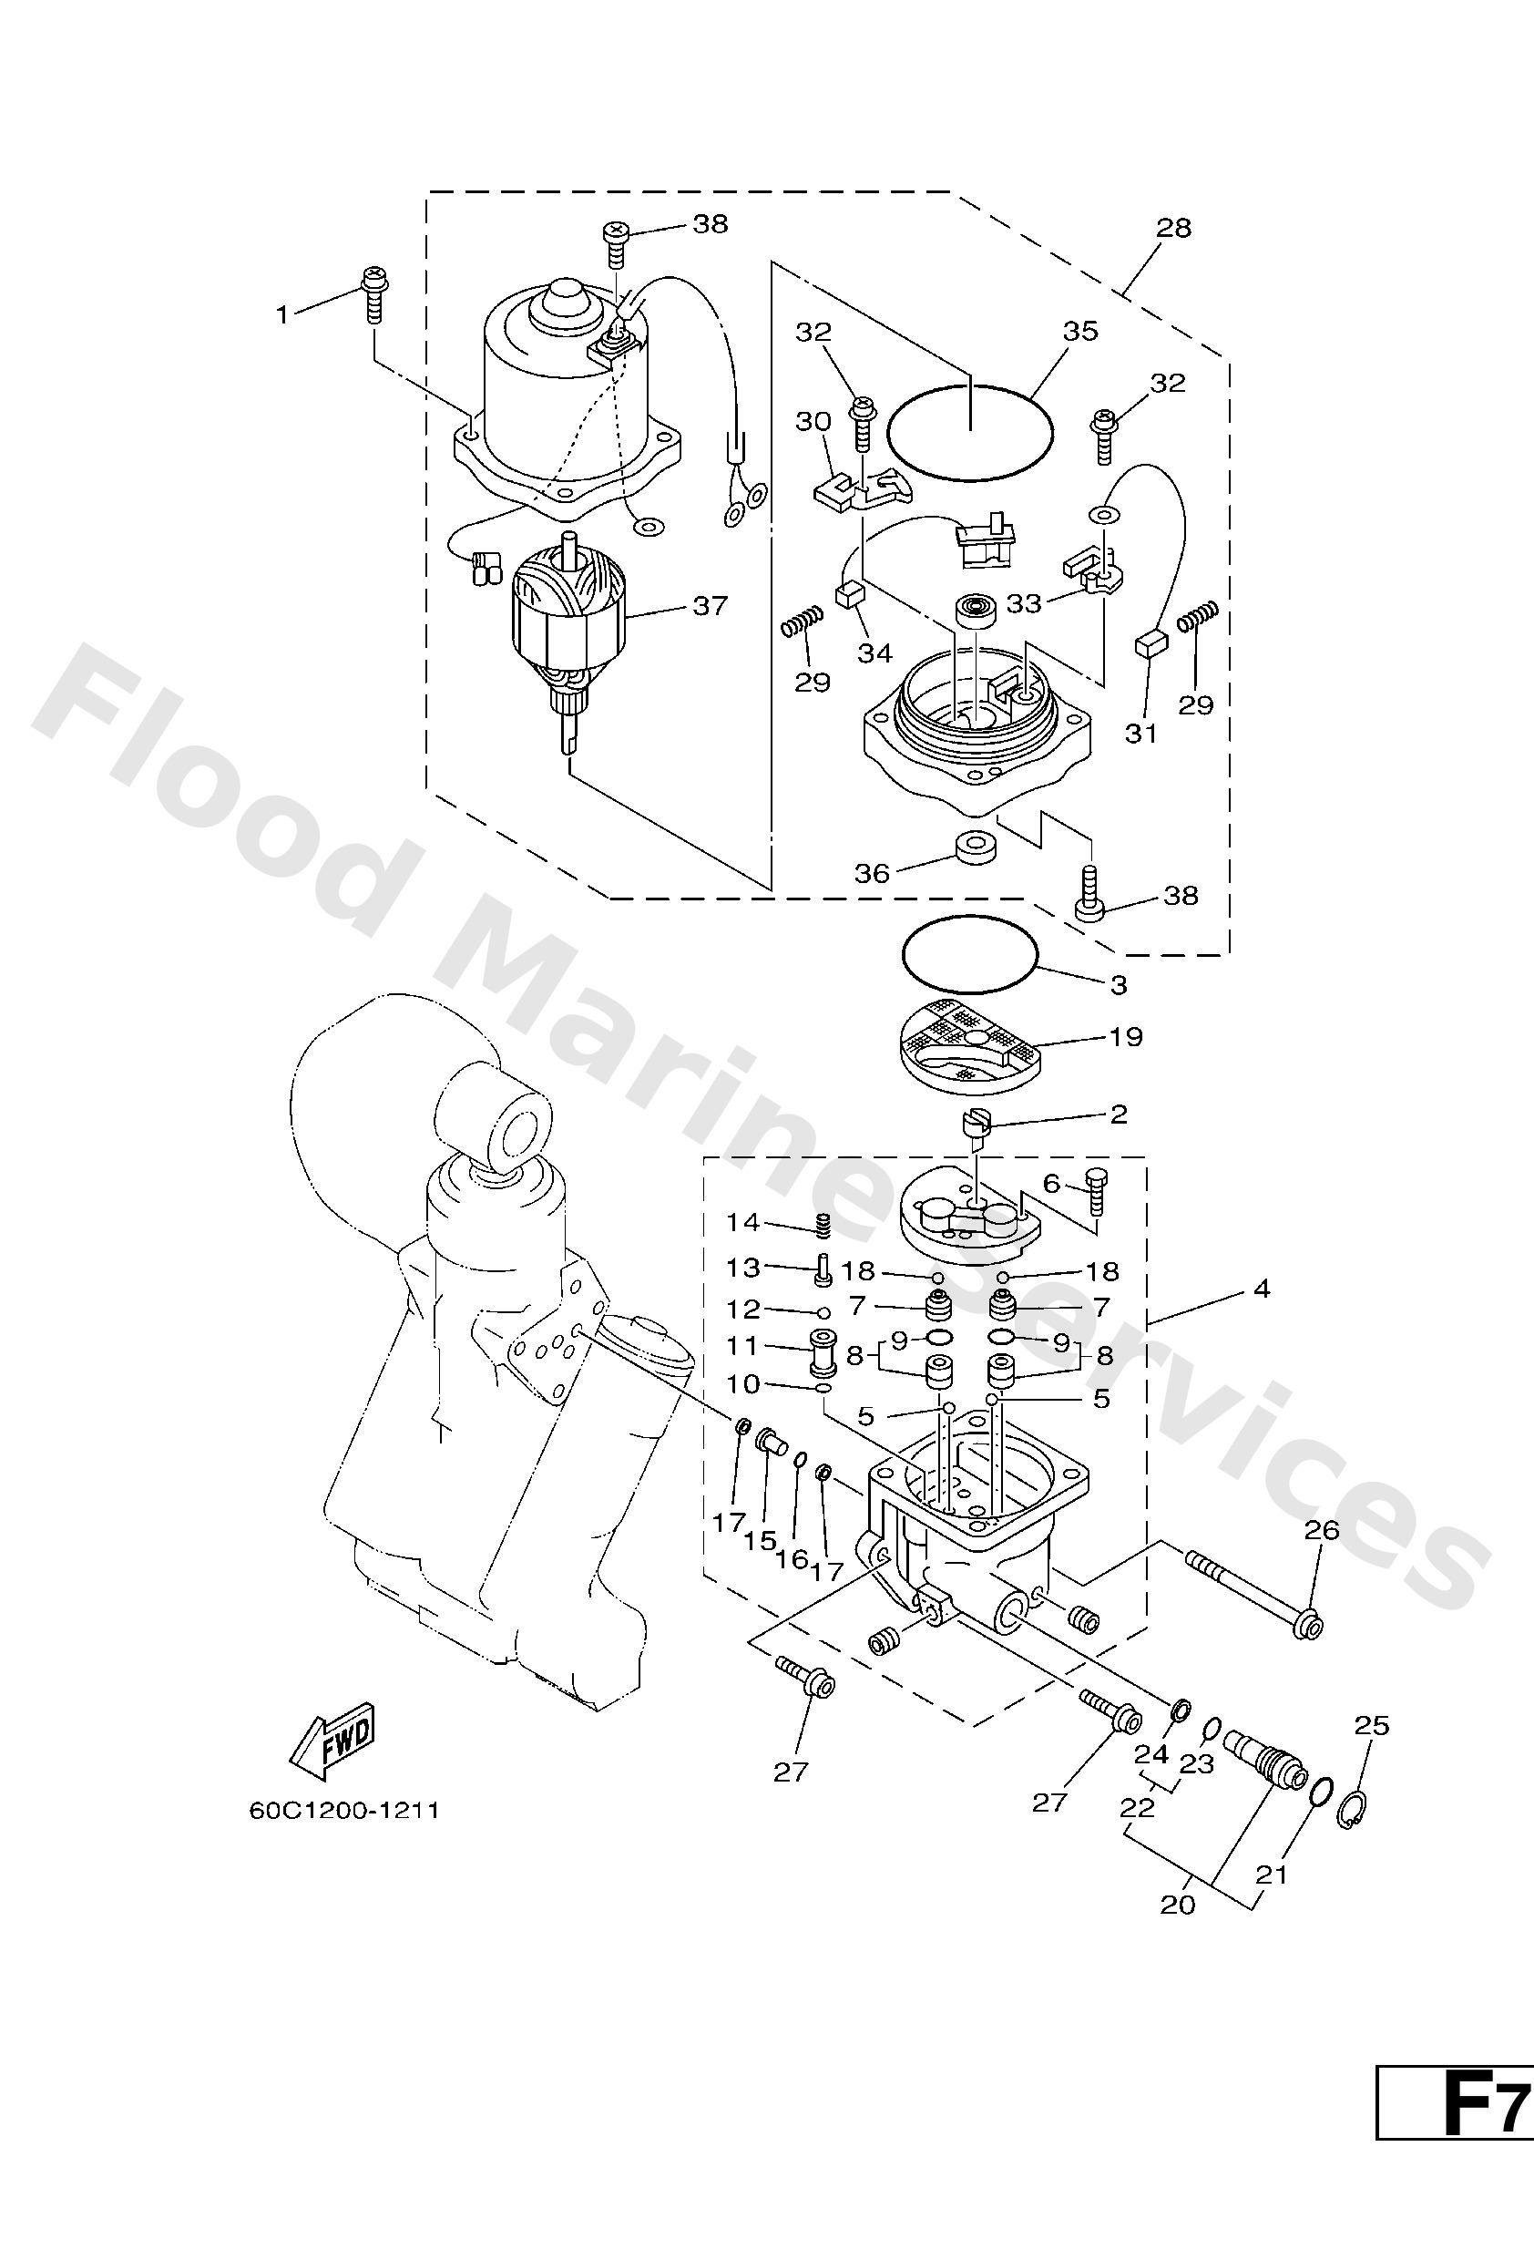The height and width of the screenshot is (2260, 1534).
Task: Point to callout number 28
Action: pos(1173,228)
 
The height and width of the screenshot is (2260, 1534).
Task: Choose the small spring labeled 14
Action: pos(823,1228)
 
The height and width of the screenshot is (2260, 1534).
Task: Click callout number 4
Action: pos(1262,1290)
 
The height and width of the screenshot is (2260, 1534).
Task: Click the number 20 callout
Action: pos(1177,1905)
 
